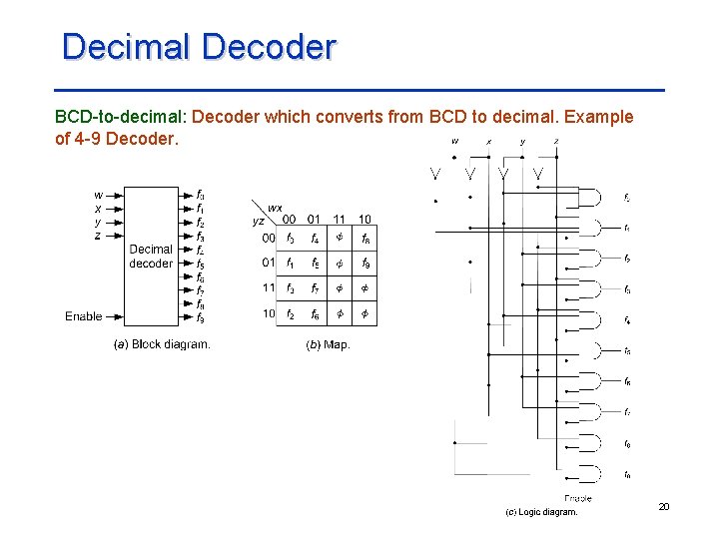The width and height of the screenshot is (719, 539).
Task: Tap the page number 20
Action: [x=664, y=508]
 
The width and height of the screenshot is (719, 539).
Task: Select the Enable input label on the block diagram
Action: [x=84, y=316]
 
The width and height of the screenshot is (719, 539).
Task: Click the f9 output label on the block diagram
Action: [x=201, y=318]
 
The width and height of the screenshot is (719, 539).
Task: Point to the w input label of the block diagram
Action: [x=98, y=195]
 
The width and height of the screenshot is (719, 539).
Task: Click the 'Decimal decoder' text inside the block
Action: [x=151, y=257]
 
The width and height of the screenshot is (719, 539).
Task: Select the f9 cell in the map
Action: [x=366, y=264]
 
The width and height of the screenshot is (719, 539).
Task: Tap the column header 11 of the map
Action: [x=340, y=219]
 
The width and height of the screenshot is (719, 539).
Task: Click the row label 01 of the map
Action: [x=269, y=264]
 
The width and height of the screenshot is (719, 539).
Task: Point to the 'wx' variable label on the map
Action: [x=274, y=207]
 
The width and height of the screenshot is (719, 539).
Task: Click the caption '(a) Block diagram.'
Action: [x=162, y=345]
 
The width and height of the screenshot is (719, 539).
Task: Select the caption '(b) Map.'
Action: [x=328, y=345]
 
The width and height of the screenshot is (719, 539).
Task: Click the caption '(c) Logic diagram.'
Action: [x=541, y=512]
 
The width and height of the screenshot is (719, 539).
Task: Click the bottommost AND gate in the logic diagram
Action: [x=592, y=474]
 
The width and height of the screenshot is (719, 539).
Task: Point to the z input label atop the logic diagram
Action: [x=556, y=142]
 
